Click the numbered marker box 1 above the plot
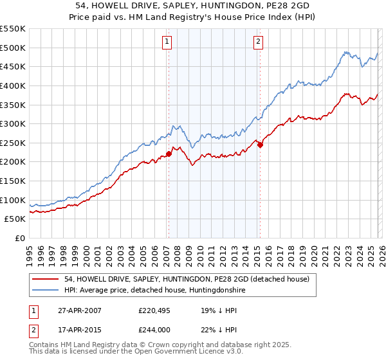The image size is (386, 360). coord(167,42)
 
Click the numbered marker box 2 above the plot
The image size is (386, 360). coord(259,42)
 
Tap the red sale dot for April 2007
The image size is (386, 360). coord(169,154)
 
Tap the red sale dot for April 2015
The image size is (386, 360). coord(260,145)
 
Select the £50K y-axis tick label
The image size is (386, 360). coord(15,220)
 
